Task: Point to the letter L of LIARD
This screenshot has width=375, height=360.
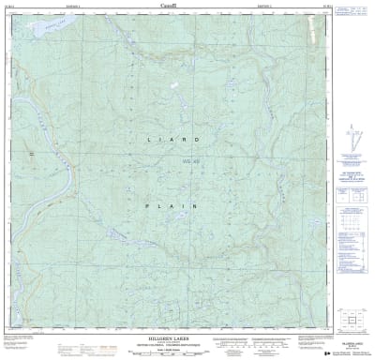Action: point(149,140)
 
